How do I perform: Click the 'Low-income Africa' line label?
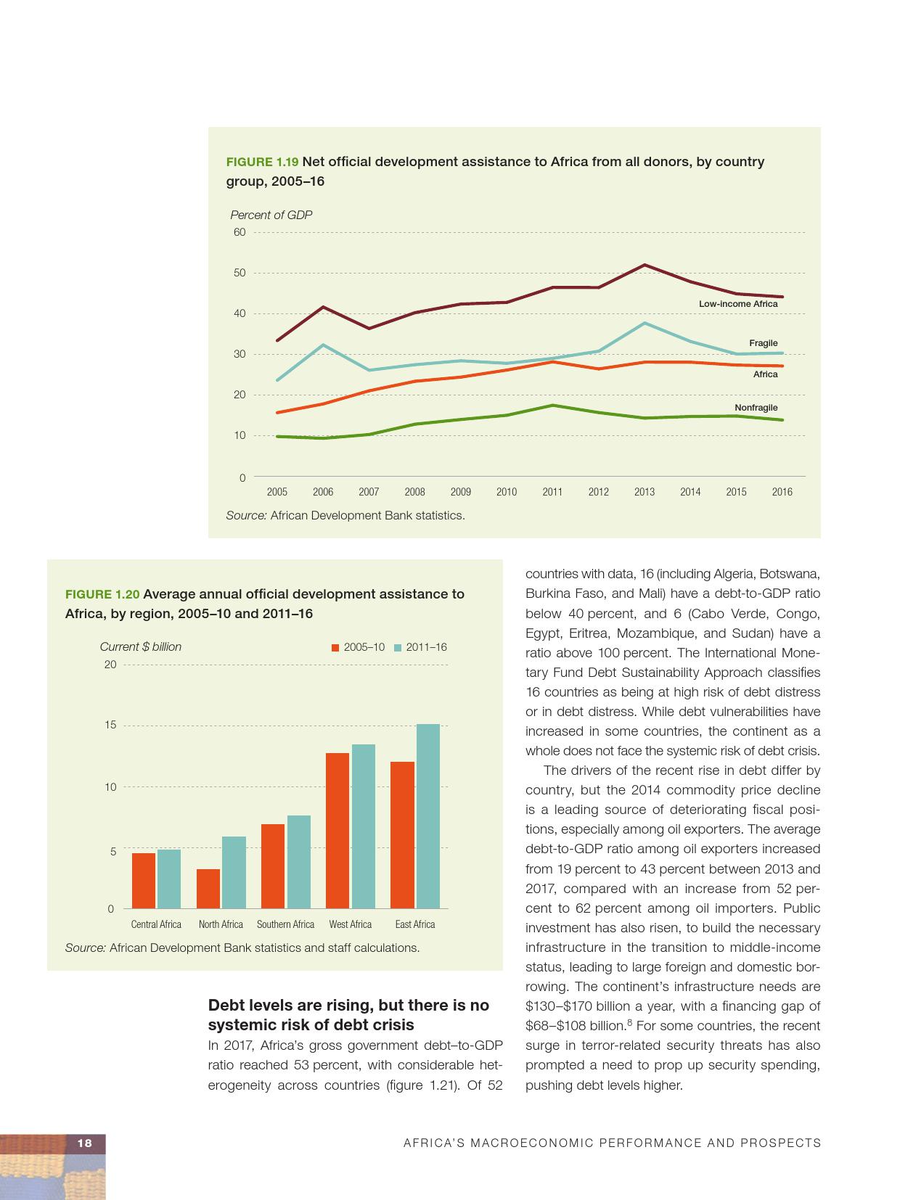click(x=737, y=304)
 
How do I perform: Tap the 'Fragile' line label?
click(x=763, y=343)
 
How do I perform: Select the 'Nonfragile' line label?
click(x=756, y=408)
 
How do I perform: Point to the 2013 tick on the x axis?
click(x=644, y=492)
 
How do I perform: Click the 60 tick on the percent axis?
click(x=240, y=232)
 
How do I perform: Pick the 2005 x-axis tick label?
click(x=277, y=492)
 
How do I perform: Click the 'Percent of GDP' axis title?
click(x=271, y=215)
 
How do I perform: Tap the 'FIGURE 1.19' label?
click(x=262, y=162)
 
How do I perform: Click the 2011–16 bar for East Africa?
click(x=428, y=815)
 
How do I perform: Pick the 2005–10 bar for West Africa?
click(x=337, y=830)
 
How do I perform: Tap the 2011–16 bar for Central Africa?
click(x=169, y=879)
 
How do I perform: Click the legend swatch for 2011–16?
click(x=398, y=647)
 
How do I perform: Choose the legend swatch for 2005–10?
click(x=335, y=647)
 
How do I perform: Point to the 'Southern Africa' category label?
click(x=285, y=924)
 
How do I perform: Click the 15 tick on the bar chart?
click(x=110, y=725)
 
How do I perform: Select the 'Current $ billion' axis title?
click(x=141, y=646)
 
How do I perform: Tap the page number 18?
click(x=85, y=1143)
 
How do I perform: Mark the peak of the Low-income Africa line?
click(x=645, y=265)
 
